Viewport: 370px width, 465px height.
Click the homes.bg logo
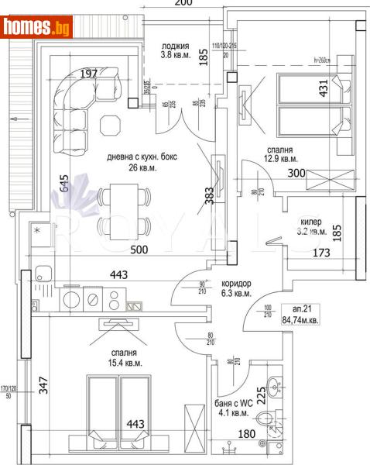coord(37,27)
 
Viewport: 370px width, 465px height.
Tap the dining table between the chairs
coord(123,208)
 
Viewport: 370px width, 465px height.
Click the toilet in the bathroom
coord(269,420)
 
